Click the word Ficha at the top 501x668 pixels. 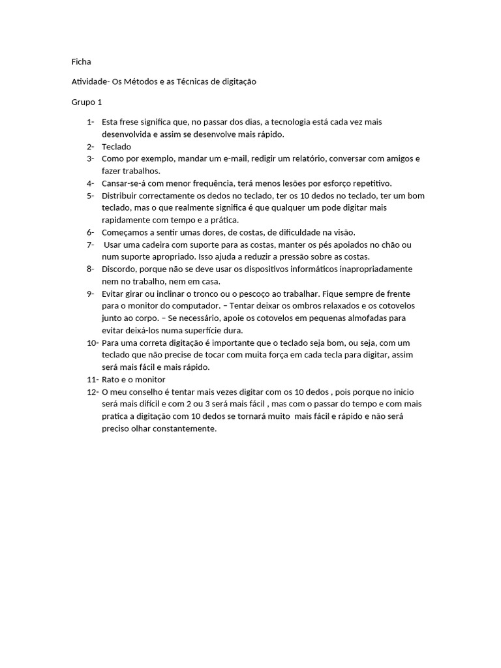[81, 62]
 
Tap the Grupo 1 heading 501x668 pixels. [87, 102]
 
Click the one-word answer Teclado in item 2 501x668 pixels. [116, 147]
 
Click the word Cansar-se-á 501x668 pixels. [125, 183]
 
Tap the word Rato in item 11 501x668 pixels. [112, 380]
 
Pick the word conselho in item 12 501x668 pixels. [151, 391]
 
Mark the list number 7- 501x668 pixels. [90, 245]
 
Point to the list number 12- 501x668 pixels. [92, 391]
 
